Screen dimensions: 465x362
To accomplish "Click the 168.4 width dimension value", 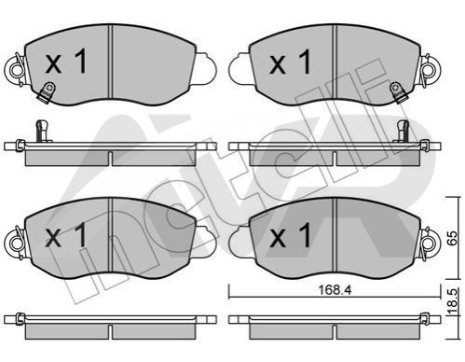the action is point(335,290).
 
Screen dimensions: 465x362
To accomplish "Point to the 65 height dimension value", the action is point(453,238).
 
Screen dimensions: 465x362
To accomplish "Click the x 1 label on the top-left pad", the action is point(66,63).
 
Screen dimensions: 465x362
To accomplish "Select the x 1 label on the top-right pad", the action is point(290,63).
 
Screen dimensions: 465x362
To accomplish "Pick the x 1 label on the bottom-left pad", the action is point(66,235).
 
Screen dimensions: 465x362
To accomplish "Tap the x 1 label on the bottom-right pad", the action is point(290,235).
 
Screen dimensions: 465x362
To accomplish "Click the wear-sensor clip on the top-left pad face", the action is point(47,91).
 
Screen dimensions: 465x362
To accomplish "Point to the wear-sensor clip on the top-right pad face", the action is point(399,91).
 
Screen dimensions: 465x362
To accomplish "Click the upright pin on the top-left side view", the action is point(42,131).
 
